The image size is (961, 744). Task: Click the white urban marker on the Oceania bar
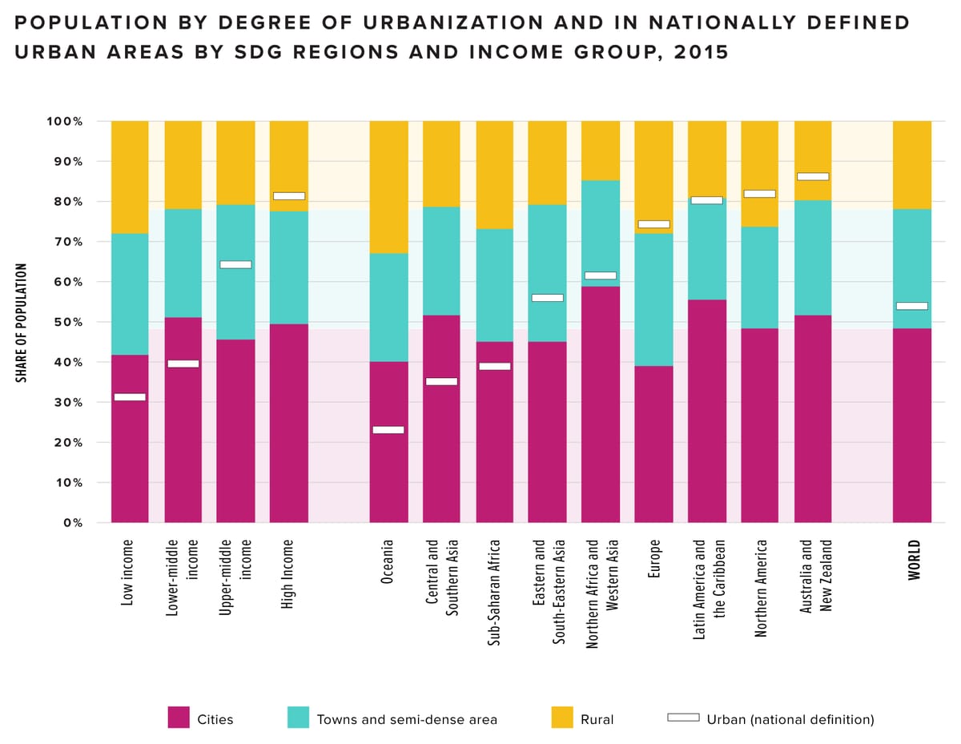pos(388,430)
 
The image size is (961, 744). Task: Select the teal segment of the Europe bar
pos(653,300)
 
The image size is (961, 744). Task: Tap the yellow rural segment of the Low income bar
pos(130,177)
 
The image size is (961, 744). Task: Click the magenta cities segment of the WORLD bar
pos(912,425)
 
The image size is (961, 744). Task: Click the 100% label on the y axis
pos(65,122)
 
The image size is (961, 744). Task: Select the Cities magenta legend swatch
pos(179,718)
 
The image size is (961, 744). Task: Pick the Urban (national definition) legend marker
pos(683,718)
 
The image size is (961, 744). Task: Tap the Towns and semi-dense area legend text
pos(407,719)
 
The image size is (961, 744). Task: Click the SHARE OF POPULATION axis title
pos(23,323)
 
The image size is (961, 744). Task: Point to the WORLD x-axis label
pos(915,560)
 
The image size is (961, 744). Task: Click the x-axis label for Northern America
pos(760,589)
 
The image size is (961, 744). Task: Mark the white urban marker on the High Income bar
pos(289,196)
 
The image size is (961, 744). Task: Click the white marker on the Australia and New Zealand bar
pos(813,176)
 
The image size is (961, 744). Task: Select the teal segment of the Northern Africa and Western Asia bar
pos(601,233)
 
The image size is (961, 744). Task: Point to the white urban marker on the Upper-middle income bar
pos(235,264)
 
